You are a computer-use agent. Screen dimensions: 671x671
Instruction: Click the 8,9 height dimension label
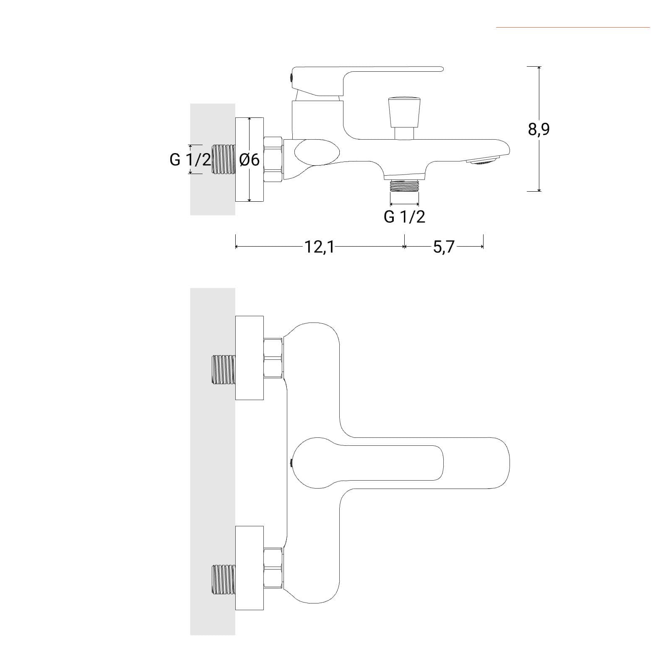pyautogui.click(x=539, y=129)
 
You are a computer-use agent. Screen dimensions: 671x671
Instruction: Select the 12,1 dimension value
pyautogui.click(x=319, y=247)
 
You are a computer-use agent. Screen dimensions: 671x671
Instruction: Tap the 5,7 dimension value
pyautogui.click(x=444, y=247)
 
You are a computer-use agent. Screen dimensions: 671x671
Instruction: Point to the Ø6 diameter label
pyautogui.click(x=250, y=160)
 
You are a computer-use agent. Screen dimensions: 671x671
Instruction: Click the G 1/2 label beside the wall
pyautogui.click(x=190, y=159)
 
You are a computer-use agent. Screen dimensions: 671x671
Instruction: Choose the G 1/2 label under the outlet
pyautogui.click(x=404, y=216)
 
